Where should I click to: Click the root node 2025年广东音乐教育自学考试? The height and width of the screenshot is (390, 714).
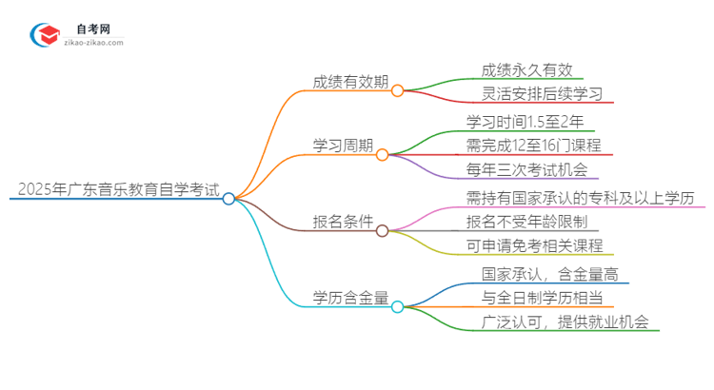113,190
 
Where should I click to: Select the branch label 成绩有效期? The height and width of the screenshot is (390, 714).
350,81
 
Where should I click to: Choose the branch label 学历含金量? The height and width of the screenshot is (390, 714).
350,298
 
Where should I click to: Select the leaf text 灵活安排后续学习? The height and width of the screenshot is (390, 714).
540,94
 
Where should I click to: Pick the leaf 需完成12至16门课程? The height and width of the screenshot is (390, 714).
533,146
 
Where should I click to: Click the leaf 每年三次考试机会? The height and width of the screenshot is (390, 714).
526,170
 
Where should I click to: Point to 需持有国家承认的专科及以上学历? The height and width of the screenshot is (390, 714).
580,197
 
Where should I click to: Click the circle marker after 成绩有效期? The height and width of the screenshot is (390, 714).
398,90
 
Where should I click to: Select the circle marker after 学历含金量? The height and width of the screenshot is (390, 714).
398,306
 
